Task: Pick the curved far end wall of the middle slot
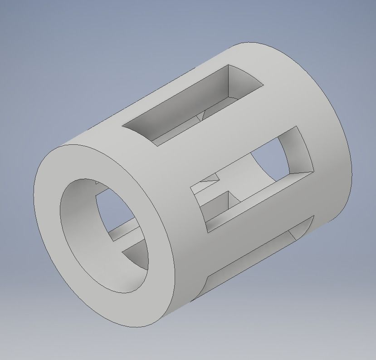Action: pyautogui.click(x=297, y=150)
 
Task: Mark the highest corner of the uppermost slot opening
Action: pyautogui.click(x=228, y=65)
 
